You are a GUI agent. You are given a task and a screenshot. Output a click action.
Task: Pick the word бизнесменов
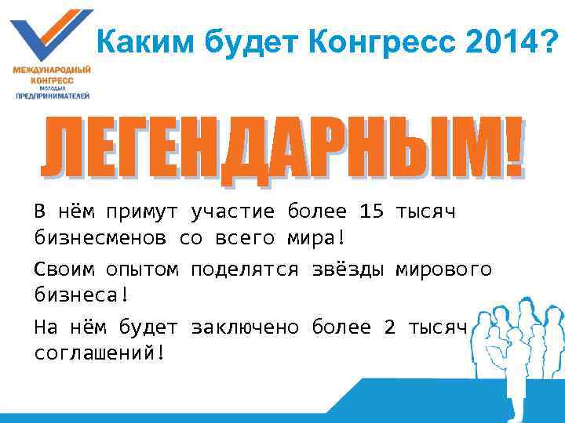pyautogui.click(x=100, y=237)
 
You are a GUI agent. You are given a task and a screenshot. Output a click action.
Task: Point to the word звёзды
pyautogui.click(x=347, y=270)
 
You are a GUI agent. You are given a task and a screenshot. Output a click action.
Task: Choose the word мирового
pyautogui.click(x=443, y=270)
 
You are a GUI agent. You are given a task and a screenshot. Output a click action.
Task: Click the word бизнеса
pyautogui.click(x=75, y=295)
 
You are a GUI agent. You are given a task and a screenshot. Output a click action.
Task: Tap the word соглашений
pyautogui.click(x=94, y=352)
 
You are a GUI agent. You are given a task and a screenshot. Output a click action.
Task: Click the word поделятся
pyautogui.click(x=245, y=270)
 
